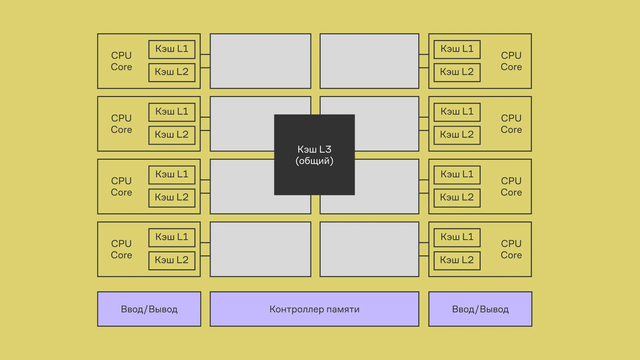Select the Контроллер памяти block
(x=314, y=309)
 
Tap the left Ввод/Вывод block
(x=149, y=309)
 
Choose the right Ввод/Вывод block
(x=480, y=309)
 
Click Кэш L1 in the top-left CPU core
(x=172, y=49)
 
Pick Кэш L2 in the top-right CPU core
(x=457, y=72)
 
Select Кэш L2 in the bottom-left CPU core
(x=172, y=260)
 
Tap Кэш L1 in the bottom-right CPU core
(x=457, y=237)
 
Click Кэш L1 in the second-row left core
(x=172, y=112)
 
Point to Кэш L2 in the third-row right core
(x=457, y=197)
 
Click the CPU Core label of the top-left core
(x=121, y=61)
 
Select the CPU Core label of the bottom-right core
(x=511, y=249)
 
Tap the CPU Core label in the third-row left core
(x=121, y=186)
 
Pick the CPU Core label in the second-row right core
(x=511, y=124)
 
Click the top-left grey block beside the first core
(x=260, y=61)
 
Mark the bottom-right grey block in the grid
(x=369, y=249)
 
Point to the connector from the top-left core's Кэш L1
(x=205, y=54)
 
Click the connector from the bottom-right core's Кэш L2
(x=424, y=256)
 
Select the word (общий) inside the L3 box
(x=314, y=161)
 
